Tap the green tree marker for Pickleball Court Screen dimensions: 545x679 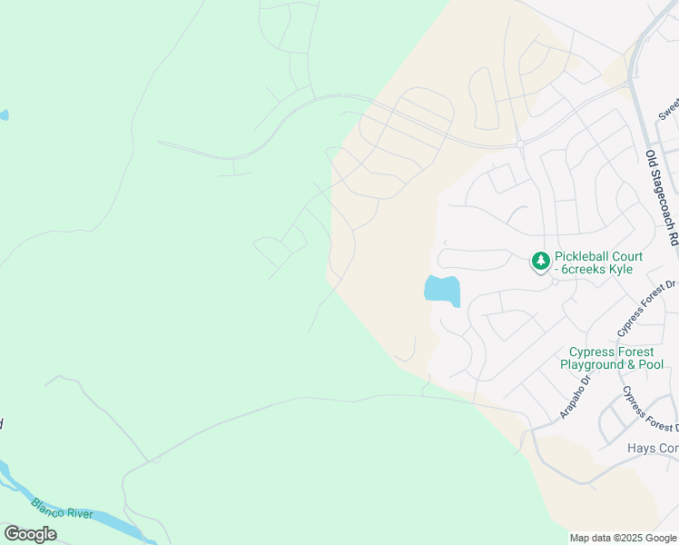541,262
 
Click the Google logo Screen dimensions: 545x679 30,533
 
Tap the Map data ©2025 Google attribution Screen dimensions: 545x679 623,538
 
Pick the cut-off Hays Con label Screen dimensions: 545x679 653,448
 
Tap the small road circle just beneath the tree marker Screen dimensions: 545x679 555,281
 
